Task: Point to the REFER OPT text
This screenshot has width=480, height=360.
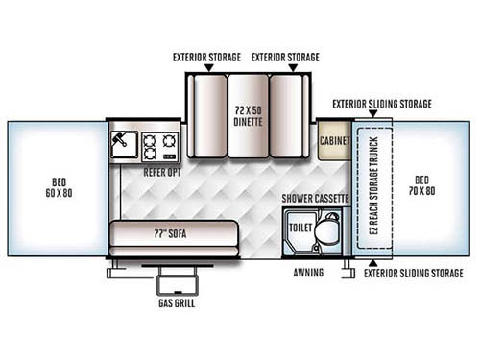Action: (161, 172)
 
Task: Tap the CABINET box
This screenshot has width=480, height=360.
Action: (334, 140)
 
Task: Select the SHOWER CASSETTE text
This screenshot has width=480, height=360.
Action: (314, 198)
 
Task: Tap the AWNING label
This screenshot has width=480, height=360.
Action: (309, 273)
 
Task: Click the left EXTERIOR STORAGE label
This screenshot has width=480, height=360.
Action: (204, 57)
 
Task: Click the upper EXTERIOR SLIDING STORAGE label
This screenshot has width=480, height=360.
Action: (382, 103)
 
